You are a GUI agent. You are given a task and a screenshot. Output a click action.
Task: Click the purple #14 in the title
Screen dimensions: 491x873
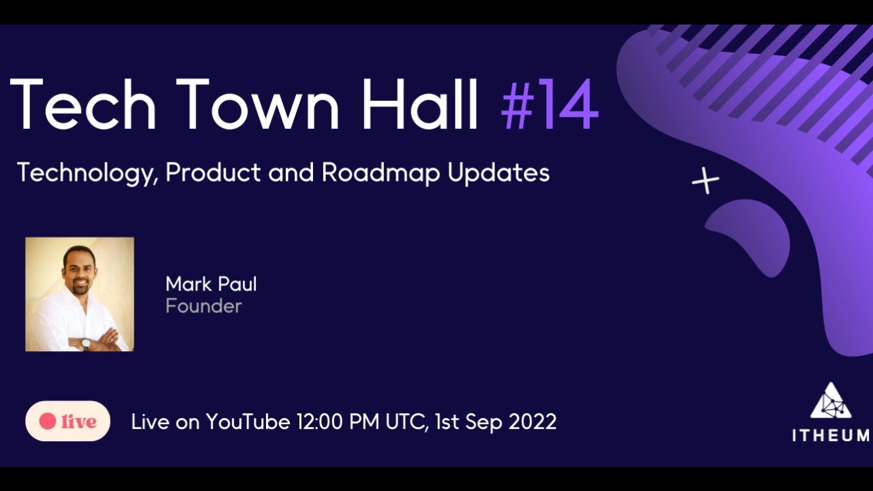(550, 104)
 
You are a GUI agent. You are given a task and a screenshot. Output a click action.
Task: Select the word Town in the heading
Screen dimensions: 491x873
(262, 104)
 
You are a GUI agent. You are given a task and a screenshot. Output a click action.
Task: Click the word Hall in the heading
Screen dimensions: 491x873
(419, 104)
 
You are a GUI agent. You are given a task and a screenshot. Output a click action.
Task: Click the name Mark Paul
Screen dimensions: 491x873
(211, 284)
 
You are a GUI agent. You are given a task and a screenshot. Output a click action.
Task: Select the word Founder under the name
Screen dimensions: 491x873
(203, 306)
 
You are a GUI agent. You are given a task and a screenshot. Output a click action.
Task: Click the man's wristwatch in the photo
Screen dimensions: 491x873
(86, 342)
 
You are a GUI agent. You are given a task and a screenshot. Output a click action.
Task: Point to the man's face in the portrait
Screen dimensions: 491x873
(78, 269)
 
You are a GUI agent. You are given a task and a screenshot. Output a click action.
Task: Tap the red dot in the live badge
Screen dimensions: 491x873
(47, 421)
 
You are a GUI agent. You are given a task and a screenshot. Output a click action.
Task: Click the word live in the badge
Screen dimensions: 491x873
(78, 422)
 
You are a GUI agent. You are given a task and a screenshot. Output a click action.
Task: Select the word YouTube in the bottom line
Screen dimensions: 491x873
(248, 421)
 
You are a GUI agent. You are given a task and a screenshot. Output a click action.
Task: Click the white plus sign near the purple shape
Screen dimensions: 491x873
(705, 181)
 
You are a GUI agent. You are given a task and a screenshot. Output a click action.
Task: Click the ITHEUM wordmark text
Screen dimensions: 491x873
(830, 436)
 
